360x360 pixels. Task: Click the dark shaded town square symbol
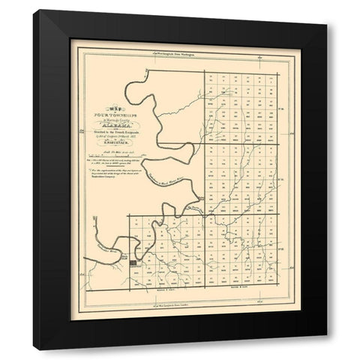[134, 263]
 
